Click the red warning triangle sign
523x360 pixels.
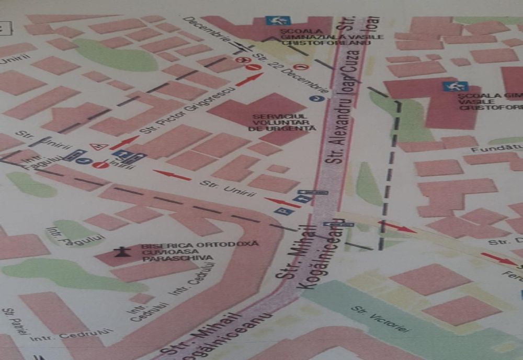(x=96, y=147)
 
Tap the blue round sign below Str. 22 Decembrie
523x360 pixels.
(x=314, y=98)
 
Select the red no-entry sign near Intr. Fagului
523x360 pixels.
(x=100, y=165)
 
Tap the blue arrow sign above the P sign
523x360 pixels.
(x=302, y=199)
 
